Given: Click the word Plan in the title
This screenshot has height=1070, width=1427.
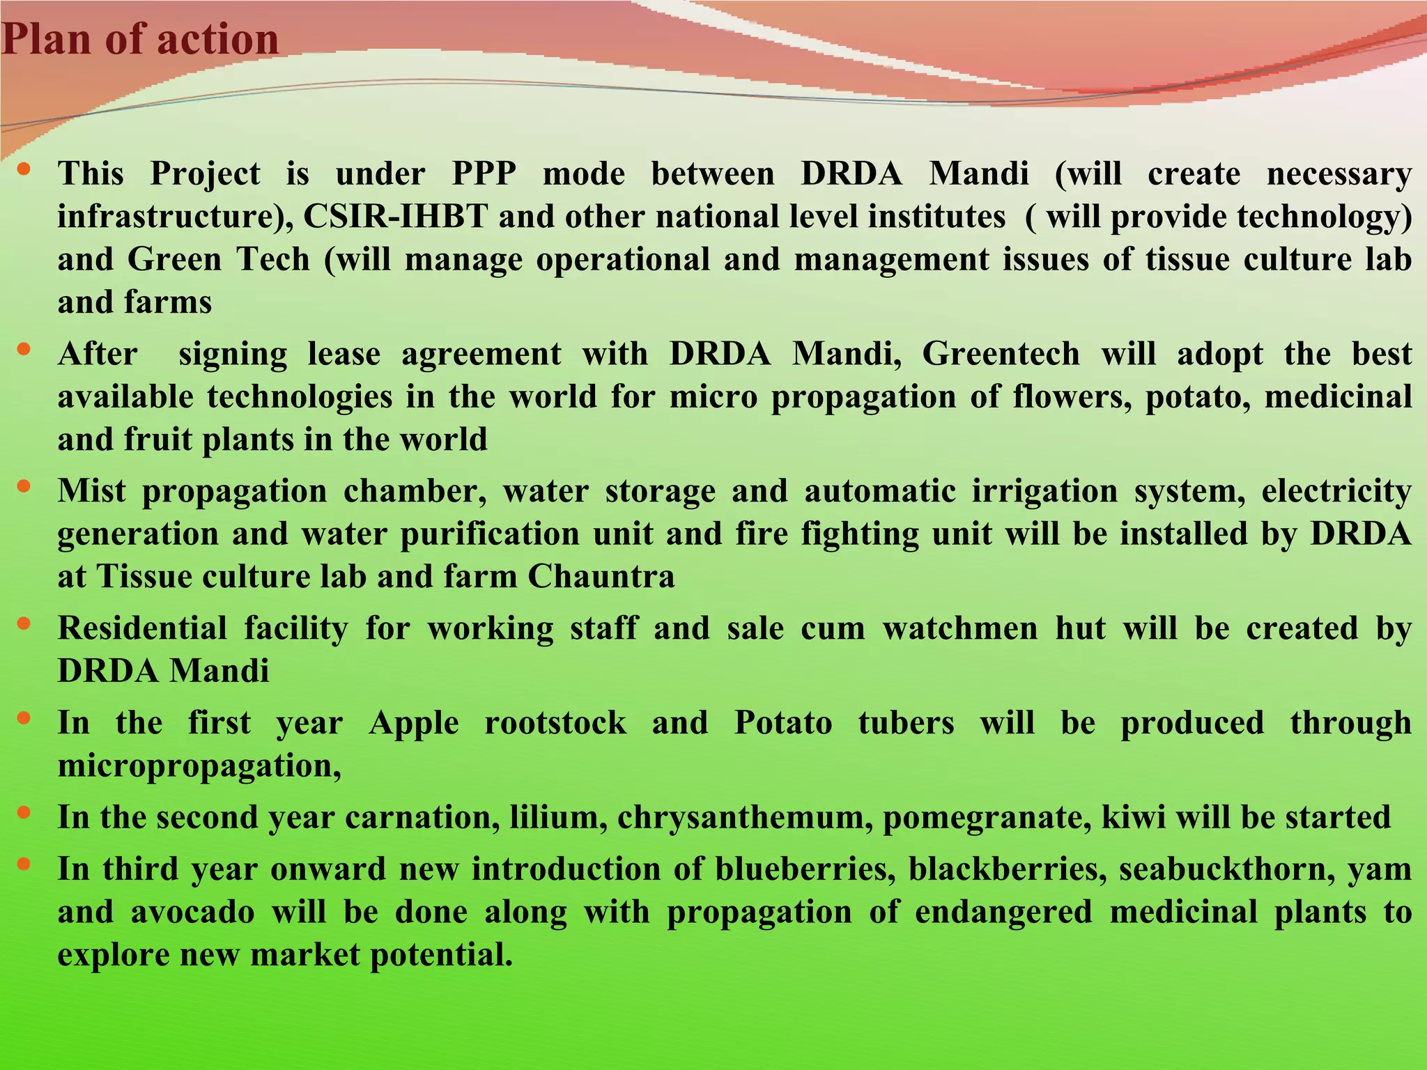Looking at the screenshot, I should (x=47, y=39).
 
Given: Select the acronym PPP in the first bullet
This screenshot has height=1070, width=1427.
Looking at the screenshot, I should (x=484, y=173).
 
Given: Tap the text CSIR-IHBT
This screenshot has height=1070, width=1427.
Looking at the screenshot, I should (x=395, y=217).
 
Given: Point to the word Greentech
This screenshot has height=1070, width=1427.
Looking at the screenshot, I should (x=1001, y=354).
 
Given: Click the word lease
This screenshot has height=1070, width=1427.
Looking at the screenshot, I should (x=344, y=354).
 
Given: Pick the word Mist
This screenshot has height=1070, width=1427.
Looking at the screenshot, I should (x=92, y=491).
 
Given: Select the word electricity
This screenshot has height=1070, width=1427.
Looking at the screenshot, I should (x=1336, y=491).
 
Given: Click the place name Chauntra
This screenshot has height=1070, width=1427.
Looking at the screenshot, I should (x=601, y=577).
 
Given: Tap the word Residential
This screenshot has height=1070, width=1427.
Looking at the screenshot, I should (x=142, y=628).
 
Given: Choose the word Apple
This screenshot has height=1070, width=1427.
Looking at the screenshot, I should (x=414, y=722).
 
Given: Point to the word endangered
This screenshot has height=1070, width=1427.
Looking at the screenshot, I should (x=1003, y=912).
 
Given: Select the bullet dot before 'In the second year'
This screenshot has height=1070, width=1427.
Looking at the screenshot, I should (x=24, y=812).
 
